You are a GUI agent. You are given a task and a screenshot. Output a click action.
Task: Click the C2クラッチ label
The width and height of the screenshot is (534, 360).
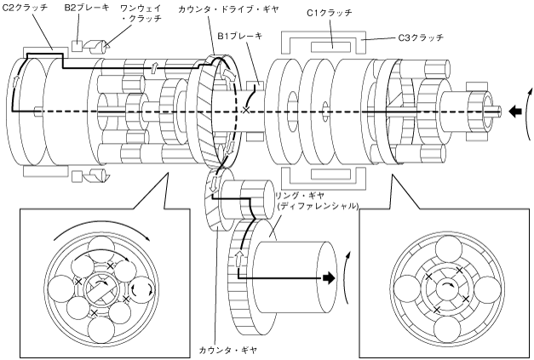tap(25, 8)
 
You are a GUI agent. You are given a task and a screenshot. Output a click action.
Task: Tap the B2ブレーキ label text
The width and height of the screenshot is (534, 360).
tap(87, 8)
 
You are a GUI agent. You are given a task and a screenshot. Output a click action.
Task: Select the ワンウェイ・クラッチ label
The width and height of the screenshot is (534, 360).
tap(141, 13)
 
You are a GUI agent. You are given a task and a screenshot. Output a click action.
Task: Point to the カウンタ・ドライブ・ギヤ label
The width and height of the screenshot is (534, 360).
tap(228, 9)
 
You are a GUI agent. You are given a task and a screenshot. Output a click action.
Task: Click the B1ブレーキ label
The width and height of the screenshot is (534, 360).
tap(240, 36)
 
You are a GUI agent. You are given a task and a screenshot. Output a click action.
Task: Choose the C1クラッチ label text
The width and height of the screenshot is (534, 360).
tap(330, 13)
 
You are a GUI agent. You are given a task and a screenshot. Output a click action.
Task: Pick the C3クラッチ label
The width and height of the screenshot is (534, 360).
tap(421, 37)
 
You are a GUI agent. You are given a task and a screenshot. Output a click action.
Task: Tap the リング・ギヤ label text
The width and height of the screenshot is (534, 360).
tap(300, 196)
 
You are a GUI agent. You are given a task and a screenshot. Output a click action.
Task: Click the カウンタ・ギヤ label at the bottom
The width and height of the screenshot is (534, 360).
tap(228, 350)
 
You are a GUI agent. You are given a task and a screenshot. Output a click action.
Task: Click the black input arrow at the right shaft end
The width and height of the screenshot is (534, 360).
tap(515, 111)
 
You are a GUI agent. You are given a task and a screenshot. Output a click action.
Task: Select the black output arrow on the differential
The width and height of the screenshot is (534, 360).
tap(329, 278)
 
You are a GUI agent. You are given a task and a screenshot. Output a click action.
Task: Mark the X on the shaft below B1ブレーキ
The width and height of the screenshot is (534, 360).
tap(245, 110)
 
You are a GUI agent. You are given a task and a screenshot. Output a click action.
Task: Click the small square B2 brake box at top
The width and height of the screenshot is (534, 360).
tap(78, 46)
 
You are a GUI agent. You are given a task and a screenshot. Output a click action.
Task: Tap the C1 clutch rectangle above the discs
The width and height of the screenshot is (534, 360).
tap(330, 47)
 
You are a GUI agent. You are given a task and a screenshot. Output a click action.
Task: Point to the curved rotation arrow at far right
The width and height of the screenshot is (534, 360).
tap(528, 113)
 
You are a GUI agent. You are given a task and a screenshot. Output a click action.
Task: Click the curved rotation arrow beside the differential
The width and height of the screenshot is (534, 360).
tap(347, 277)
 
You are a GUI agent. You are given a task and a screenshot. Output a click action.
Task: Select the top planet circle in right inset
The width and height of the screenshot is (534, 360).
tap(449, 249)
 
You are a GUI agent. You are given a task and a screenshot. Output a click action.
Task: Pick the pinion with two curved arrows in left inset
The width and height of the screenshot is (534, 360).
tap(142, 289)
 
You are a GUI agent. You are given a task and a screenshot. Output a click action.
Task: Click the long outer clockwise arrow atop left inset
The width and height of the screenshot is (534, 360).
tap(102, 227)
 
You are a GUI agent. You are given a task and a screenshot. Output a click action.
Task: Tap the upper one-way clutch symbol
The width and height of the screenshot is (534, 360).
tap(97, 47)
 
